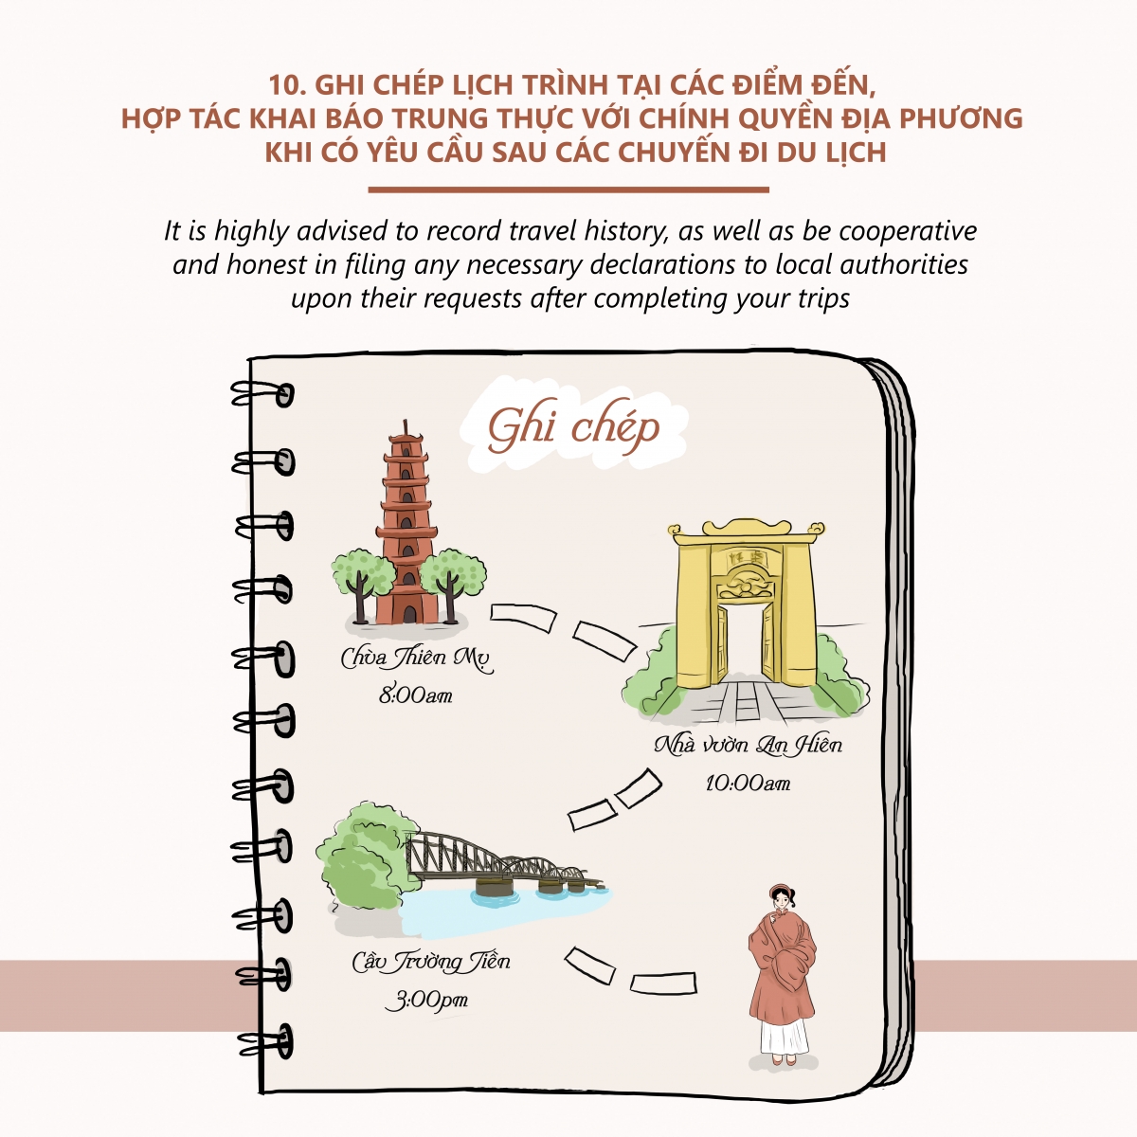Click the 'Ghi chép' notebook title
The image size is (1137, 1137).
click(573, 427)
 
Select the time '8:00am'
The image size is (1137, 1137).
click(415, 696)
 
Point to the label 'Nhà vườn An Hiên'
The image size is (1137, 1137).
click(749, 745)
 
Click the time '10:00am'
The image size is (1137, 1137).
click(749, 784)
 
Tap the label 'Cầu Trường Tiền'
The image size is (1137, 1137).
click(431, 963)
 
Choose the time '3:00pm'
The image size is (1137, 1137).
click(427, 1001)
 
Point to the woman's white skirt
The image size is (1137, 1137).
click(785, 1037)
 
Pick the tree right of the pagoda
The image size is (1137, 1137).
click(453, 580)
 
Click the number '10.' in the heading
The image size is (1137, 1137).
click(287, 85)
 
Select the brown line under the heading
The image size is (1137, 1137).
click(568, 190)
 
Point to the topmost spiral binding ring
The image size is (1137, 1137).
click(263, 394)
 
